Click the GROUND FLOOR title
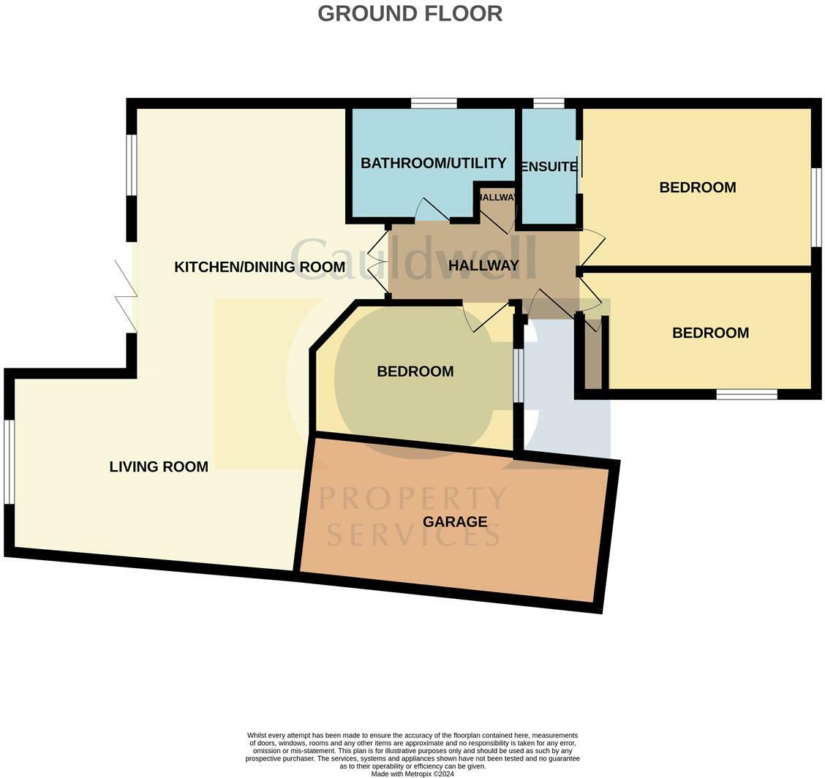pyautogui.click(x=410, y=13)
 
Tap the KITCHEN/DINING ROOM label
pyautogui.click(x=259, y=267)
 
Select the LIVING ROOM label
pyautogui.click(x=159, y=467)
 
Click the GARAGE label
pyautogui.click(x=454, y=521)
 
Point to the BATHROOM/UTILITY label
pyautogui.click(x=433, y=162)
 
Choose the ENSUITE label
pyautogui.click(x=549, y=167)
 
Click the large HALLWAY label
pyautogui.click(x=483, y=265)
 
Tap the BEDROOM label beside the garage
pyautogui.click(x=415, y=371)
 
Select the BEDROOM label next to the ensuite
pyautogui.click(x=697, y=187)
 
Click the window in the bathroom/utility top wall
pyautogui.click(x=434, y=103)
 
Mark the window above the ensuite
pyautogui.click(x=549, y=103)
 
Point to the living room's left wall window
pyautogui.click(x=10, y=461)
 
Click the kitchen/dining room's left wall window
pyautogui.click(x=132, y=165)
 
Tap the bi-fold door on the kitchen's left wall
pyautogui.click(x=126, y=296)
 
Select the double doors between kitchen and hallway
pyautogui.click(x=377, y=261)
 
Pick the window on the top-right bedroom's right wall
pyautogui.click(x=816, y=207)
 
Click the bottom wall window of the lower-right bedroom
pyautogui.click(x=746, y=394)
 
